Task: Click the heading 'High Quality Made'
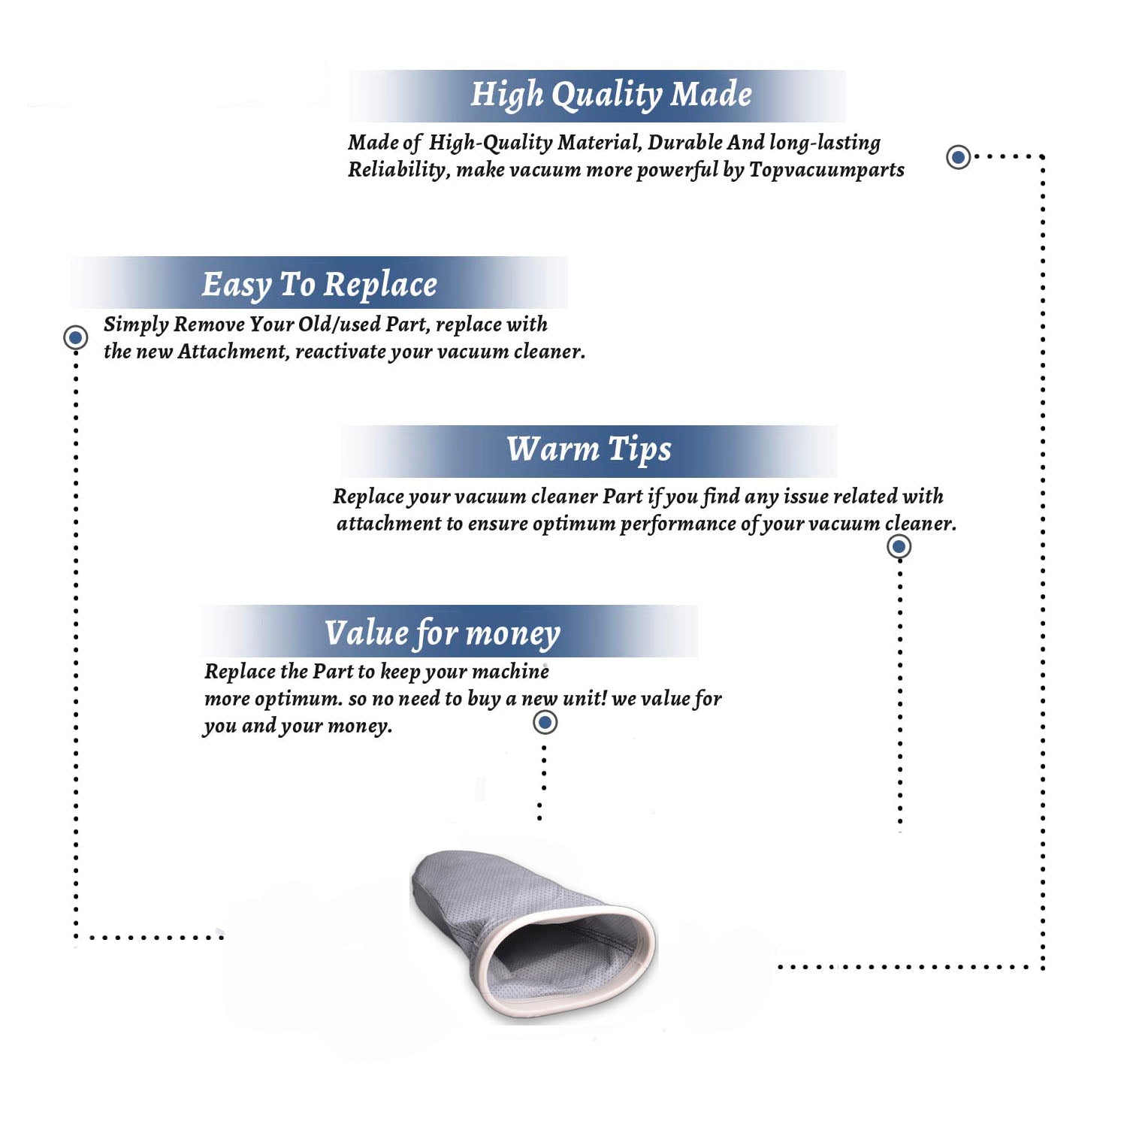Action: pyautogui.click(x=611, y=95)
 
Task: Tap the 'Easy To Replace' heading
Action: pyautogui.click(x=319, y=286)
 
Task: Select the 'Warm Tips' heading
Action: pyautogui.click(x=589, y=449)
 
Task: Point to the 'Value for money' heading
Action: pyautogui.click(x=443, y=633)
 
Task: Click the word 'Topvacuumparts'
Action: pyautogui.click(x=826, y=170)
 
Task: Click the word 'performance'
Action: pyautogui.click(x=678, y=524)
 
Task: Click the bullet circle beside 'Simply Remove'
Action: pyautogui.click(x=75, y=337)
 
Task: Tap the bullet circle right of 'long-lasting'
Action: pyautogui.click(x=958, y=157)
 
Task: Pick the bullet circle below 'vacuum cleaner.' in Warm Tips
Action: pyautogui.click(x=899, y=546)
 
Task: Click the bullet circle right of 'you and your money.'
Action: pyautogui.click(x=545, y=723)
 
